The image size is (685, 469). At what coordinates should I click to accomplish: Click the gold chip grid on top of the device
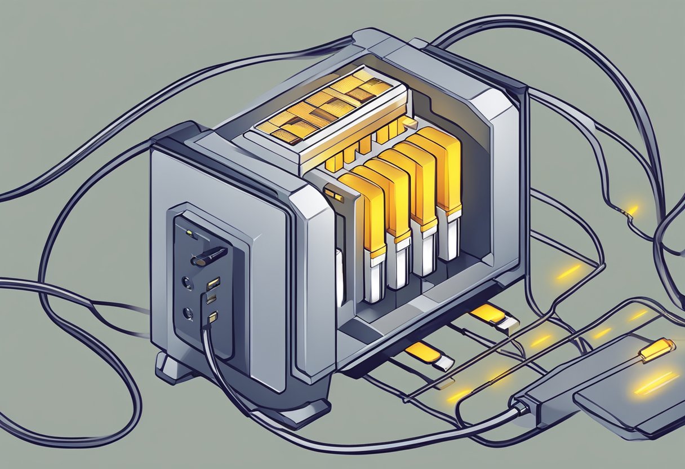click(x=324, y=107)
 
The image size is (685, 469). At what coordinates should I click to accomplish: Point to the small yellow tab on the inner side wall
click(x=333, y=196)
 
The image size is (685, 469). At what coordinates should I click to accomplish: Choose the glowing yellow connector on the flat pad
click(x=657, y=349)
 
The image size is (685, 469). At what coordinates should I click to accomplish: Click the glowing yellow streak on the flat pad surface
click(x=656, y=384)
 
